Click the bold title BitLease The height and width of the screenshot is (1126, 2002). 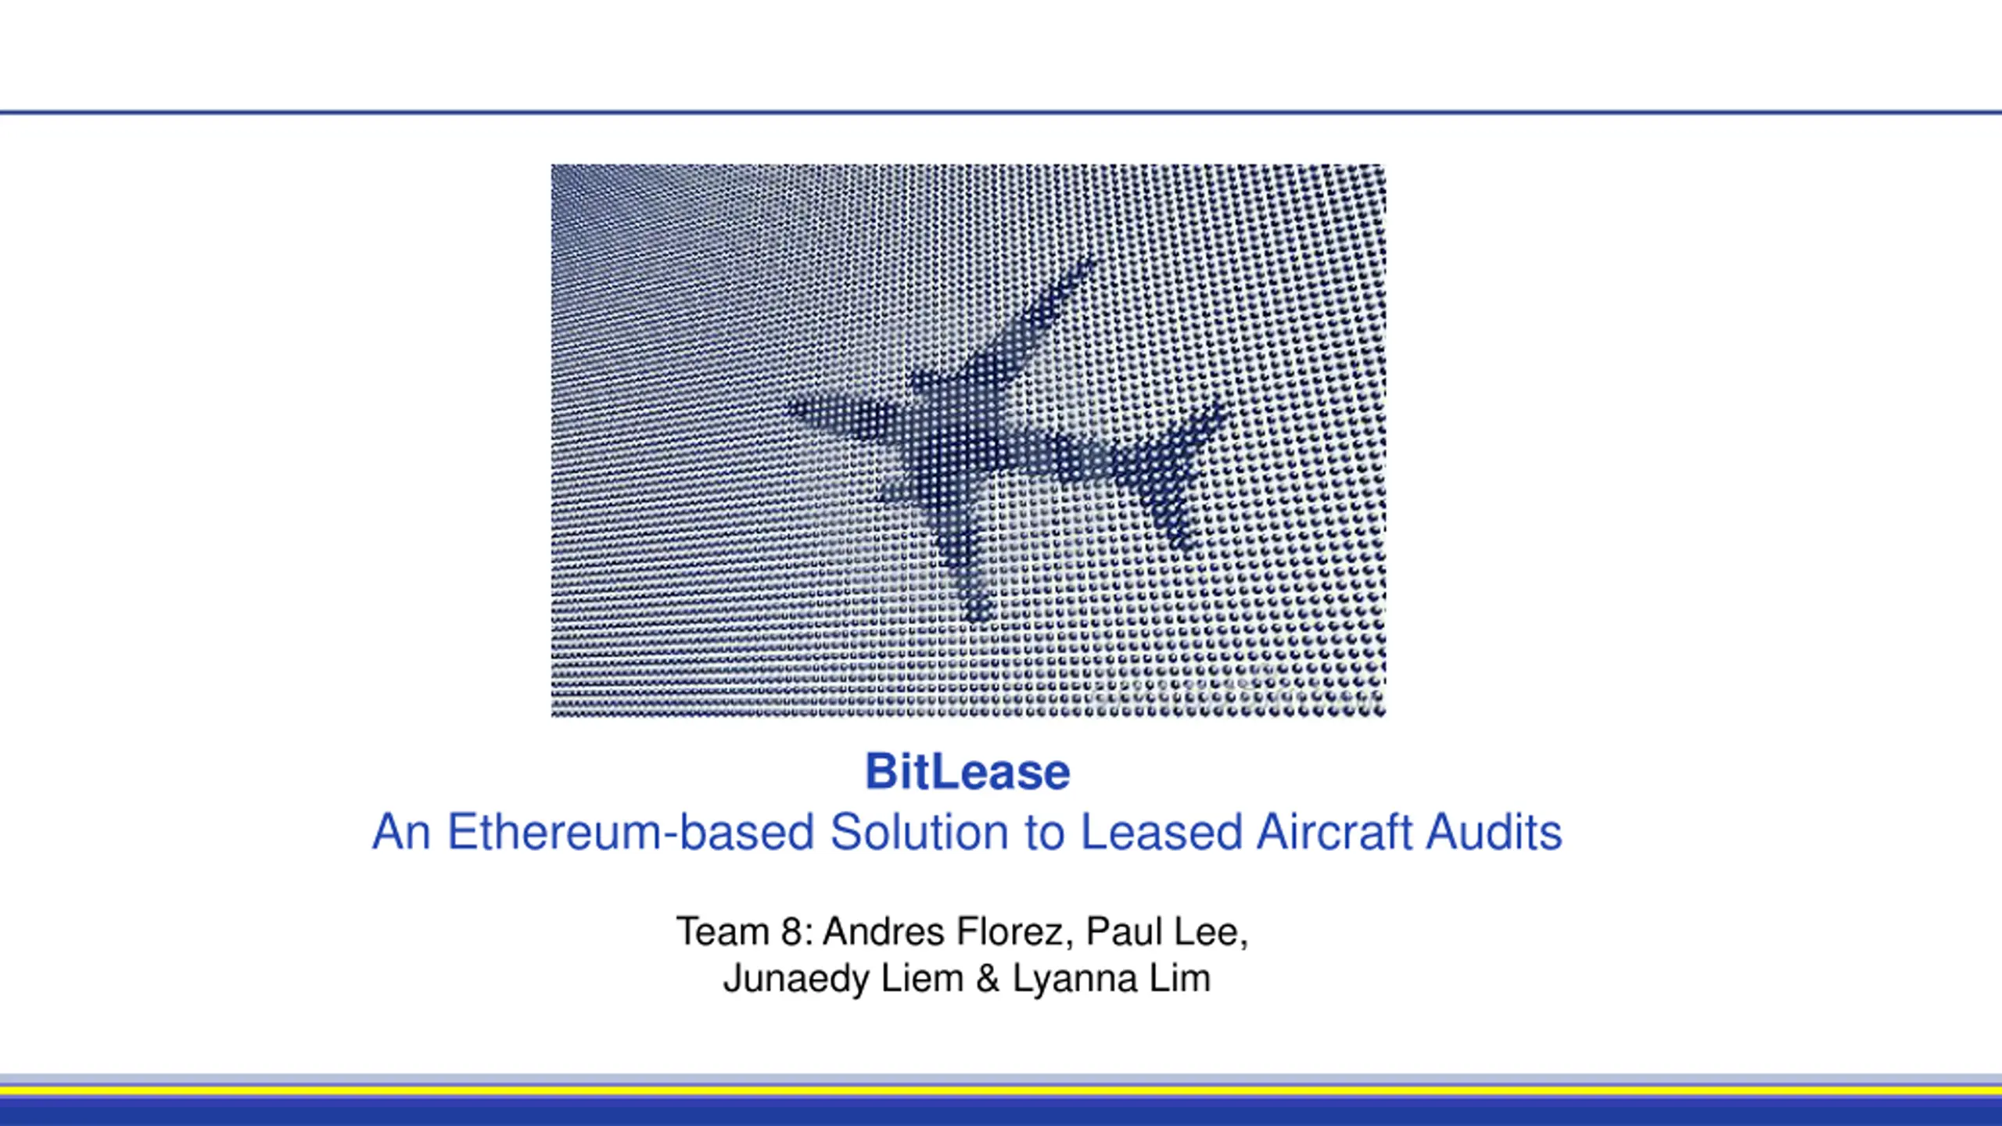point(967,772)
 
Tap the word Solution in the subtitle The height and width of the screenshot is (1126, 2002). point(919,831)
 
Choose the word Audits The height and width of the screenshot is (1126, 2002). point(1494,831)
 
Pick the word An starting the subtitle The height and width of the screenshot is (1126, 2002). point(401,831)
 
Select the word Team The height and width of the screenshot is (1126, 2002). point(723,932)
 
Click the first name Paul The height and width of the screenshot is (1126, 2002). point(1124,932)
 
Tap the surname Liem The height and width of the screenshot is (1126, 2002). point(922,978)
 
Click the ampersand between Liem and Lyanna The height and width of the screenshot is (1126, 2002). point(988,978)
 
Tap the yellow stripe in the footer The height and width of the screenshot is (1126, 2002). point(1001,1089)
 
